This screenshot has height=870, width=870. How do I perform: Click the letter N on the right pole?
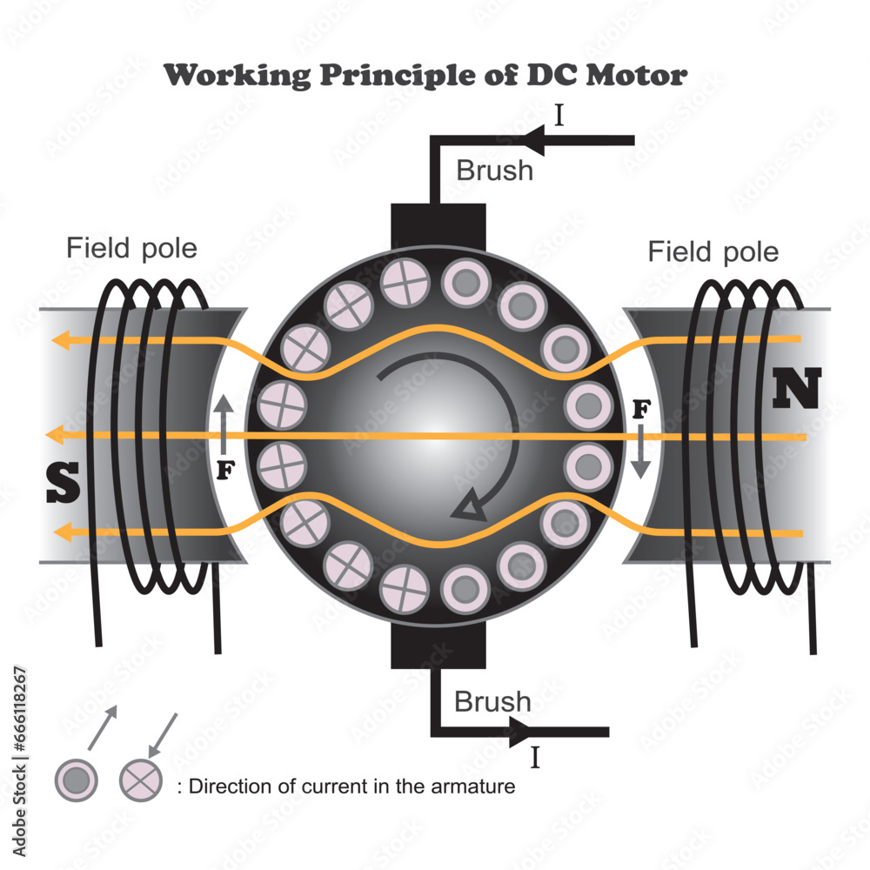(796, 389)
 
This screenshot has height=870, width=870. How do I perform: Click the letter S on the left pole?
(64, 484)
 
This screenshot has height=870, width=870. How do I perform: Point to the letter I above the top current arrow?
(559, 116)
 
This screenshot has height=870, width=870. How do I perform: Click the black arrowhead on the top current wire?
(535, 139)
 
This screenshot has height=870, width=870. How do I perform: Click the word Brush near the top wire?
(494, 170)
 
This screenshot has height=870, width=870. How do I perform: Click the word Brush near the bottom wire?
(492, 700)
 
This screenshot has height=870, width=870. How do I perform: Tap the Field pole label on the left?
(131, 249)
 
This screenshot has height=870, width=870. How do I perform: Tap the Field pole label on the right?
(713, 252)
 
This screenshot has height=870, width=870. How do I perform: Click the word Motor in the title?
(636, 75)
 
